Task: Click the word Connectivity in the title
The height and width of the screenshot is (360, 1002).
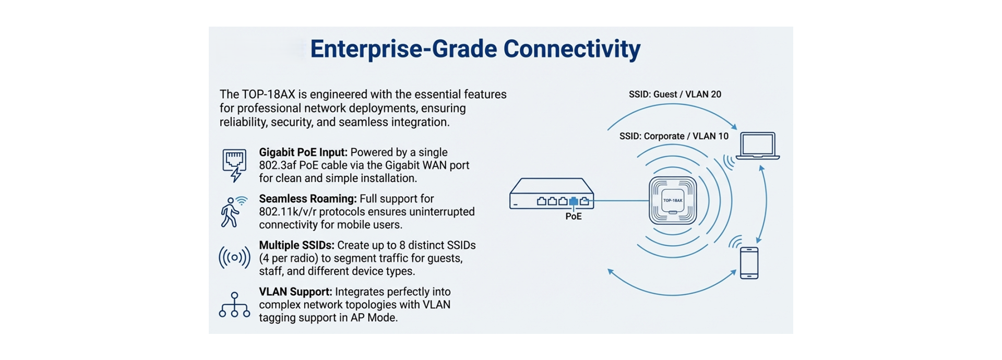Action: tap(571, 49)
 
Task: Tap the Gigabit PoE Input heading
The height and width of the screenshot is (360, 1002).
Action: tap(303, 152)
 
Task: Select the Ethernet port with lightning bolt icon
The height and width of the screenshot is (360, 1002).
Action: tap(234, 165)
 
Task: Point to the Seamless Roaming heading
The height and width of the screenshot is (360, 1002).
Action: tap(307, 199)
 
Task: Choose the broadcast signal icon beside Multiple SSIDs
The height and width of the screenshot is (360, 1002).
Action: tap(234, 257)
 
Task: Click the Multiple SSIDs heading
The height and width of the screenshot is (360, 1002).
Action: tap(296, 245)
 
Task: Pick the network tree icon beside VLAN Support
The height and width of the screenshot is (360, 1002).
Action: tap(234, 305)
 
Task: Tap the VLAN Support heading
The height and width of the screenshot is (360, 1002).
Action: tap(295, 292)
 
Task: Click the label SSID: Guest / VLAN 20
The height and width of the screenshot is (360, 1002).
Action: tap(675, 94)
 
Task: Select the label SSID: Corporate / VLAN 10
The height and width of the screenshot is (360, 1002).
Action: tap(674, 136)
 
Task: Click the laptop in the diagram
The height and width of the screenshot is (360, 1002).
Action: tap(757, 146)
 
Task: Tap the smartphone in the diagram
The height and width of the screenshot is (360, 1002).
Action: tap(749, 262)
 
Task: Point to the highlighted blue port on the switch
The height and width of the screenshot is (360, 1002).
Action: tap(574, 201)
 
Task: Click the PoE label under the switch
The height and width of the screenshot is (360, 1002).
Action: tap(573, 217)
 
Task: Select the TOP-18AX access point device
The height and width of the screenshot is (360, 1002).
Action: tap(673, 200)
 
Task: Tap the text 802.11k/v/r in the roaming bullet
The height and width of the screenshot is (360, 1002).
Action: tap(287, 212)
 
